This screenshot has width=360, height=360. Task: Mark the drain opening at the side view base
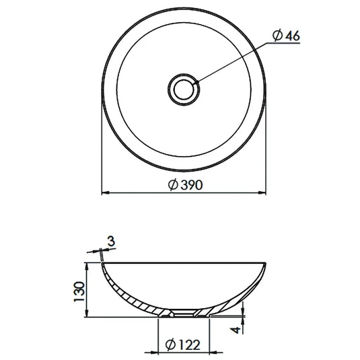tap(183, 314)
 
